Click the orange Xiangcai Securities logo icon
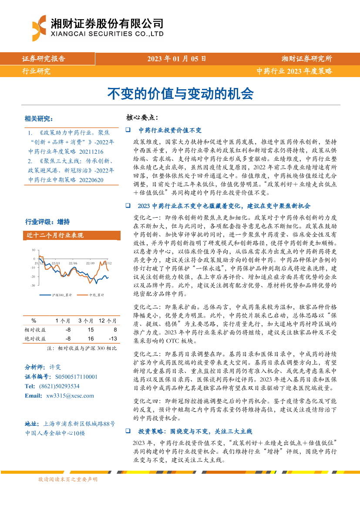tap(39, 28)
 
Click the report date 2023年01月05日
tap(176, 59)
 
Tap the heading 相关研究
tap(39, 119)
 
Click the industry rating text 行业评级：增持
tap(47, 221)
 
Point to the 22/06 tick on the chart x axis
tap(73, 263)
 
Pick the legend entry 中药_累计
tap(96, 295)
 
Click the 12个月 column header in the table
tap(108, 320)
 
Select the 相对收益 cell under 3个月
tap(91, 330)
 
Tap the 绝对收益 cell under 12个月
tap(113, 338)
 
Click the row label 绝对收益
tap(35, 338)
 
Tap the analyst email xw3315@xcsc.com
tap(70, 396)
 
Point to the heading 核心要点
tap(142, 118)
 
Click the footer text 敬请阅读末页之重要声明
tap(68, 479)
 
